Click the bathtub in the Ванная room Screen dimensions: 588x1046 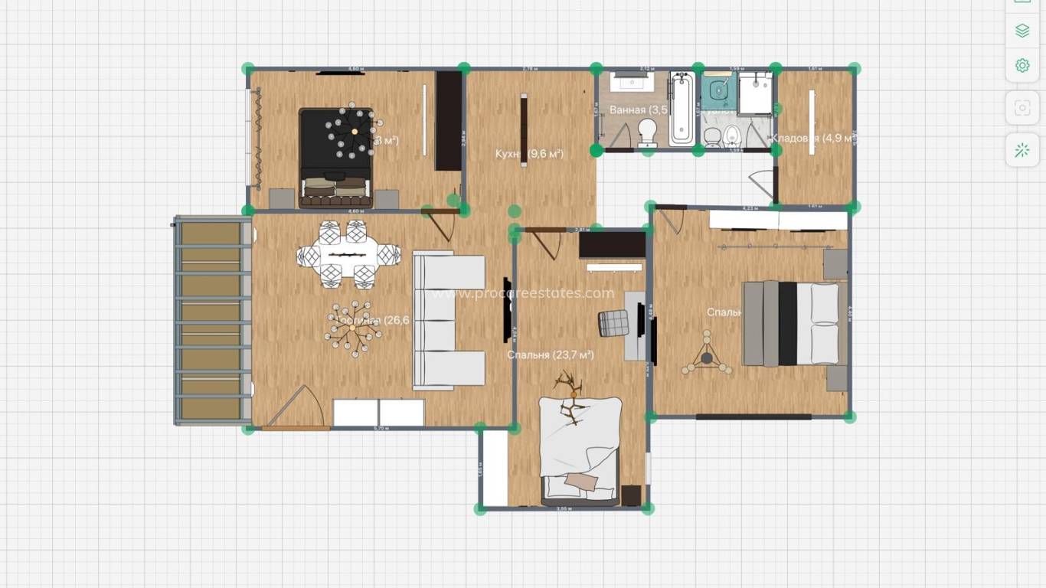pos(682,109)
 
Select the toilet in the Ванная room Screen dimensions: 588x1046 pos(648,131)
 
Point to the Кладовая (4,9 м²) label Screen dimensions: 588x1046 pos(812,139)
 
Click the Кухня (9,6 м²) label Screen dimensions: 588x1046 pos(529,154)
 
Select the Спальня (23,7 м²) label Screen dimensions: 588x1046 pos(550,355)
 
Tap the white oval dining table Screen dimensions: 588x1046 pos(349,253)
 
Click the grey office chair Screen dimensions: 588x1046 pos(613,323)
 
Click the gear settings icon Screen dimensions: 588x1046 pos(1022,66)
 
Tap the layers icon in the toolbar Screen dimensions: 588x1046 pos(1022,31)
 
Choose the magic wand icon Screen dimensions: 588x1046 pos(1022,150)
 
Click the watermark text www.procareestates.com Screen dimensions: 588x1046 pos(523,293)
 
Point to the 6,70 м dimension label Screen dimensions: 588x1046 pos(381,429)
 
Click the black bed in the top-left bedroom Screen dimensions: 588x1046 pos(336,158)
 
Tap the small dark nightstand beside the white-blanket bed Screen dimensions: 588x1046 pos(631,495)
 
